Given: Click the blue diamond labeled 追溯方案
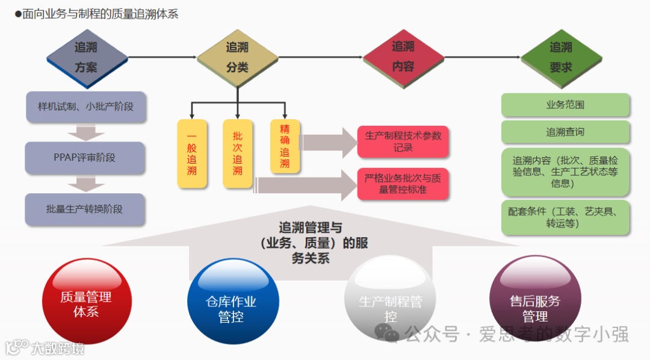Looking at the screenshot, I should pos(87,58).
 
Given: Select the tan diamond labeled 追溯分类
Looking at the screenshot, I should pos(237,58).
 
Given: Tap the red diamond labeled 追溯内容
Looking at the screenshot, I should pos(403,57).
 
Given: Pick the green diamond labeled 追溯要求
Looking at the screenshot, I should pos(561,58).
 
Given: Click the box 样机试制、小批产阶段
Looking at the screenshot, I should pos(85,107).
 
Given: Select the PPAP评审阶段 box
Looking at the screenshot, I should pos(85,158).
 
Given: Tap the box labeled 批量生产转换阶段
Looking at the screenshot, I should pos(85,209).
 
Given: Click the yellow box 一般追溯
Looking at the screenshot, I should pos(192,154).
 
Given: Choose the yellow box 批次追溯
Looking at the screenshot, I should pos(238,154).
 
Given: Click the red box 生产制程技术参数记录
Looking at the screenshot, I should pos(403,141).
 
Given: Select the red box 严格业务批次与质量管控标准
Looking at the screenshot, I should pos(403,184).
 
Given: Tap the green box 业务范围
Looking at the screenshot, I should pos(565,105).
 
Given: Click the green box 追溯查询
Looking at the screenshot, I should pos(565,132).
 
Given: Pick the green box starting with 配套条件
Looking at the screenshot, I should pos(565,217).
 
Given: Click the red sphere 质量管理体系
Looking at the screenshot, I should pos(85,304).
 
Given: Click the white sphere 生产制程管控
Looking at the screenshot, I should pos(390,307).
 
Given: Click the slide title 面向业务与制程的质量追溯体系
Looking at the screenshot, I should pos(100,14).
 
